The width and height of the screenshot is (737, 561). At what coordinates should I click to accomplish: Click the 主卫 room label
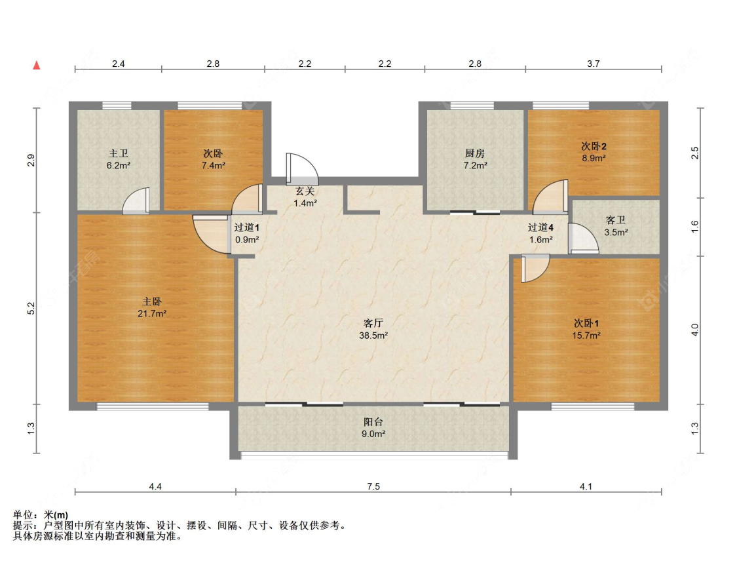119,154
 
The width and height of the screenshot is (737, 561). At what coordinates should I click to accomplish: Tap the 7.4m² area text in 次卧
214,166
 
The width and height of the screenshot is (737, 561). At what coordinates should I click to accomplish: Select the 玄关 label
305,191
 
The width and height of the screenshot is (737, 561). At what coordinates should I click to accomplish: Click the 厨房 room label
475,154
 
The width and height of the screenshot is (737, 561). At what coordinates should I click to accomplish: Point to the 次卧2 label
593,145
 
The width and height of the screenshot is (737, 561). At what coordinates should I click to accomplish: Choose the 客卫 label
616,220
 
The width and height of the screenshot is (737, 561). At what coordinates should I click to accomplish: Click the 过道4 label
541,227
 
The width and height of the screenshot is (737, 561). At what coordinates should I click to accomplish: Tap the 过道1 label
247,227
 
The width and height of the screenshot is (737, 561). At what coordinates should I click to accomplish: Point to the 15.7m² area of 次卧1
586,335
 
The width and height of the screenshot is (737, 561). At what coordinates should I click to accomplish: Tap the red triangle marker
37,66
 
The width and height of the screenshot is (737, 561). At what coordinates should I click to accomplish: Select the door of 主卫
138,201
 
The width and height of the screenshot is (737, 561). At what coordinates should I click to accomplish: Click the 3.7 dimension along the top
593,64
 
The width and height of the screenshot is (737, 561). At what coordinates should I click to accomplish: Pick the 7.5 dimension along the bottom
373,486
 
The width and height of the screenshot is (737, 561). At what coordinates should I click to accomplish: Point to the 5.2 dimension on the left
30,309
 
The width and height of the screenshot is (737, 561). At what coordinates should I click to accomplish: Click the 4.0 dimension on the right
696,330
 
